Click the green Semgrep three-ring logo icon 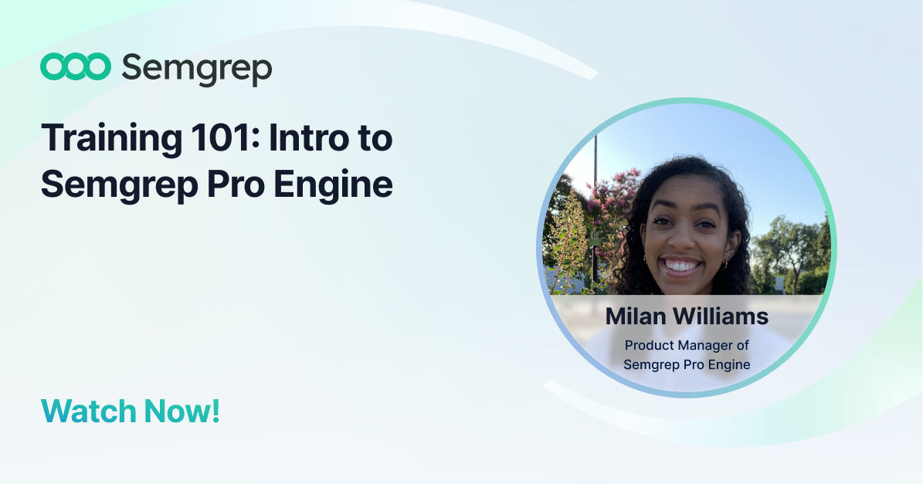click(76, 66)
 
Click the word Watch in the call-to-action click(88, 411)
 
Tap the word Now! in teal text click(182, 411)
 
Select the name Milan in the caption click(636, 316)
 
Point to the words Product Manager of click(687, 345)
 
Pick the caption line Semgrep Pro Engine click(687, 364)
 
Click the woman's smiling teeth click(680, 266)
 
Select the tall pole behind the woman click(596, 212)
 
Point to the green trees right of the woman click(792, 254)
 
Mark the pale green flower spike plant click(568, 241)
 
